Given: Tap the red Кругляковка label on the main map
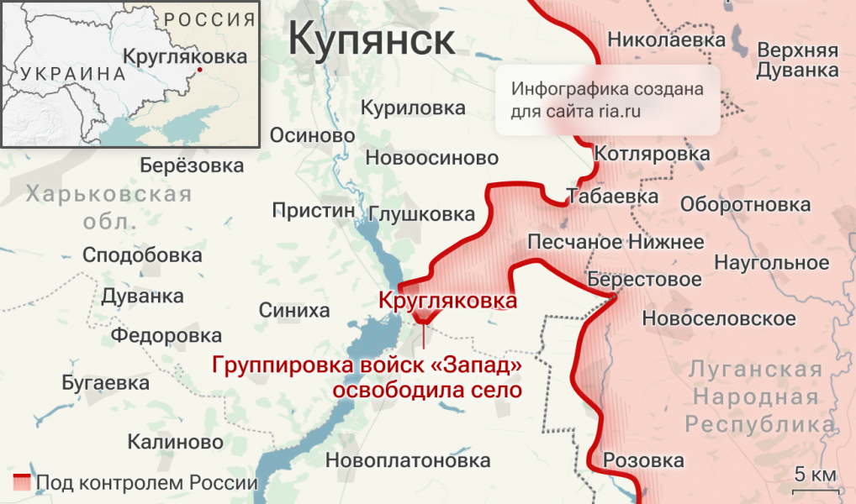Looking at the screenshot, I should [446, 300].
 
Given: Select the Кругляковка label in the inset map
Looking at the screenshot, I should [185, 56].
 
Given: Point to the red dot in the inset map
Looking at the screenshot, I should [199, 70].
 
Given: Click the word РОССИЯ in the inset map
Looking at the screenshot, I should [209, 18].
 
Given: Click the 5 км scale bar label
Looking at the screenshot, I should [815, 475].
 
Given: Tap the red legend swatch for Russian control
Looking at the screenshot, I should [23, 483].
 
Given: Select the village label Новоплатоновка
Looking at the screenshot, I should [408, 460].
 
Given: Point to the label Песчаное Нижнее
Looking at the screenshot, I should [616, 243].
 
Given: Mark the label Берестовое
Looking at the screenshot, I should [645, 279].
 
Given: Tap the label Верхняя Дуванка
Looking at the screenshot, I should [797, 60].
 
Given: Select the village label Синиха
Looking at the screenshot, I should [294, 311].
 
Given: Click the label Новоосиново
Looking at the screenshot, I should [432, 158].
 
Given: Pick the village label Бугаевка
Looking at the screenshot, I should [106, 383].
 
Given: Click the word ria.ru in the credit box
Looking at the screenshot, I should [622, 111].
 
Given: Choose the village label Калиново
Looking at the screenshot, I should [176, 442].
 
